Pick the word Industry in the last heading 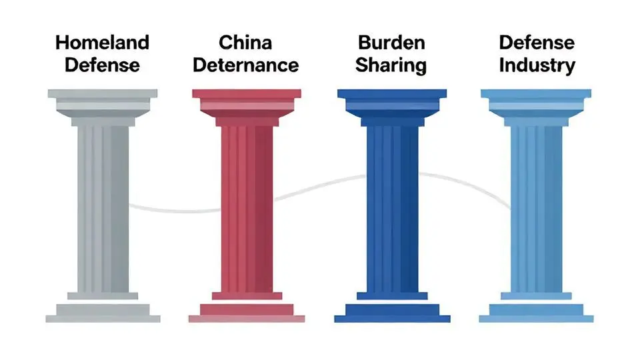[537, 65]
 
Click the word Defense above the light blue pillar [537, 43]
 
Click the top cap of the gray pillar [103, 95]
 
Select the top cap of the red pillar [247, 95]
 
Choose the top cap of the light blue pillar [537, 95]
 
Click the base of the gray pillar [103, 311]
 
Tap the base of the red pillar [247, 311]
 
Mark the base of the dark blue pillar [391, 311]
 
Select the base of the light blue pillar [537, 311]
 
